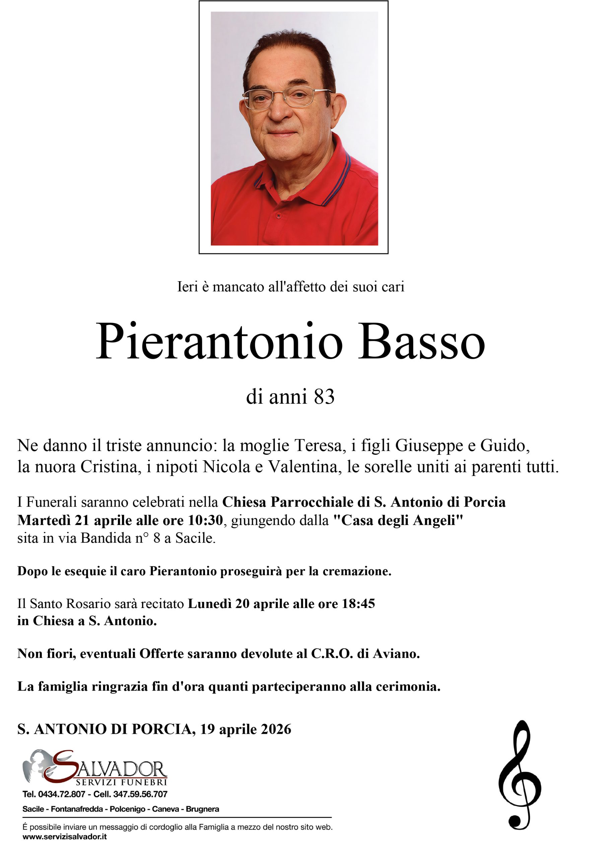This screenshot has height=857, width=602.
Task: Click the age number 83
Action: point(324,396)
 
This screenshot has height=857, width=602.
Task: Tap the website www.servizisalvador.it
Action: point(65,837)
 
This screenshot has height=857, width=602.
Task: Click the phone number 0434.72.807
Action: point(62,794)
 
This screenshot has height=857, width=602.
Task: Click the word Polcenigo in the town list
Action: point(127,809)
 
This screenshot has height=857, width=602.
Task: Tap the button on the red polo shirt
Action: point(278,216)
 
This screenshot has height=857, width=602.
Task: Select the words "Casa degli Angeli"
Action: point(397,520)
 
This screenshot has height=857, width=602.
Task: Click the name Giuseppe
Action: point(423,445)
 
